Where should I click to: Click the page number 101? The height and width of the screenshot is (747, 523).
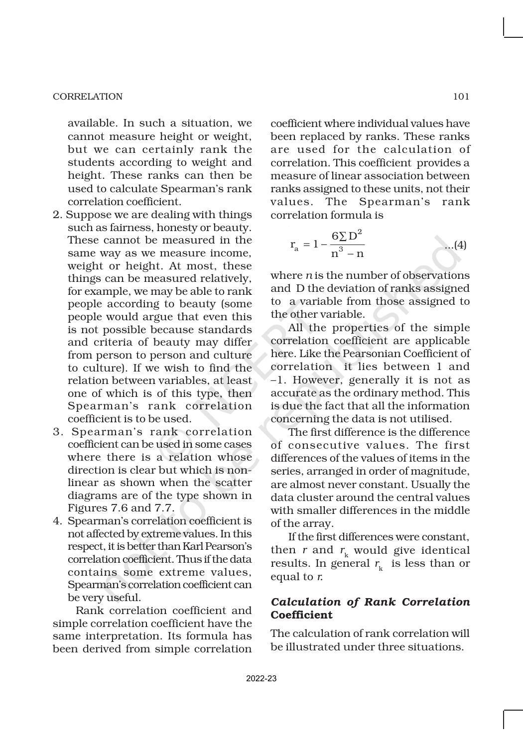click(x=461, y=97)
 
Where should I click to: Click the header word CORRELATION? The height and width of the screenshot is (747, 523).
click(x=88, y=97)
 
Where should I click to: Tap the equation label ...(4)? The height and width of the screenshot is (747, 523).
click(x=455, y=245)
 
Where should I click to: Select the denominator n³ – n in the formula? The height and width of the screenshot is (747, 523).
click(x=347, y=253)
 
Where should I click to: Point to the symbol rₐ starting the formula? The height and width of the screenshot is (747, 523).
click(x=294, y=245)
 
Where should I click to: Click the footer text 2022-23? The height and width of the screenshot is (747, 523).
click(x=261, y=679)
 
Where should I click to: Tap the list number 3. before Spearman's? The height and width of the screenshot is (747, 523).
click(x=58, y=432)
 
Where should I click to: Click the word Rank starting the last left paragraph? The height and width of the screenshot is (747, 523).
click(x=90, y=611)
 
